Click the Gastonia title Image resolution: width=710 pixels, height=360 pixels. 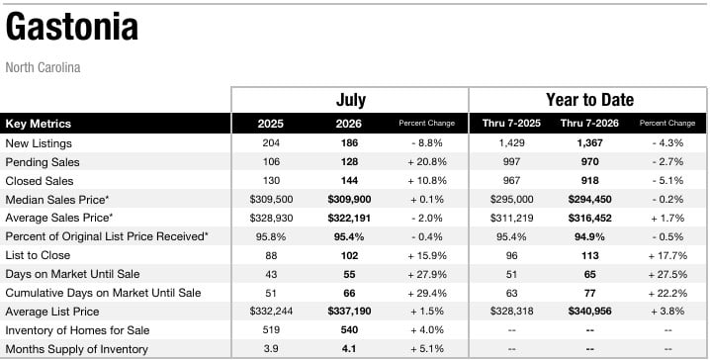coord(71,27)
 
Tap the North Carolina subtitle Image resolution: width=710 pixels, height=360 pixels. coord(44,67)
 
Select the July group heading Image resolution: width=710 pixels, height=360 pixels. coord(351,100)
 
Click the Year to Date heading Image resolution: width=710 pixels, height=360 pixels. coord(589,100)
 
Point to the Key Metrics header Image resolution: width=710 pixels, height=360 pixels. coord(38,124)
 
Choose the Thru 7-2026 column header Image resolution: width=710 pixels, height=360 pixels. coord(589,124)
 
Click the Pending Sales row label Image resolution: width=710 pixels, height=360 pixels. coord(43,162)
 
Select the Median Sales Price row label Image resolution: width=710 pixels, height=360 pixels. coord(57,199)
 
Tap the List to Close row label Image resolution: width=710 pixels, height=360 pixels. coord(38,255)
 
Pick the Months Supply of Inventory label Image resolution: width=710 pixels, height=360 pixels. coord(76,349)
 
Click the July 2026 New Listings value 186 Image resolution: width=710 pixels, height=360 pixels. coord(350,143)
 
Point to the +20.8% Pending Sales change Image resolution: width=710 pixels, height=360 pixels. coord(427,161)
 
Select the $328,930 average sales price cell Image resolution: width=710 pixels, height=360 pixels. coord(271,218)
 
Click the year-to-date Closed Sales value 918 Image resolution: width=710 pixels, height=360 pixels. coord(590,181)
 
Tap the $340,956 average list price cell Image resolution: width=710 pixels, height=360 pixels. coord(590,312)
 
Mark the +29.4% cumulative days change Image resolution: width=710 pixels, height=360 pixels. coord(427,293)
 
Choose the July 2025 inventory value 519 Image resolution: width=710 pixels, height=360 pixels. coord(271,330)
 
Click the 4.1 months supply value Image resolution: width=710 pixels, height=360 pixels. coord(349,349)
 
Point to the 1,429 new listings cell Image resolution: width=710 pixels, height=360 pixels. coord(511,143)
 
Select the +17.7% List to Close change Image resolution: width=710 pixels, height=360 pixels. coord(667,255)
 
